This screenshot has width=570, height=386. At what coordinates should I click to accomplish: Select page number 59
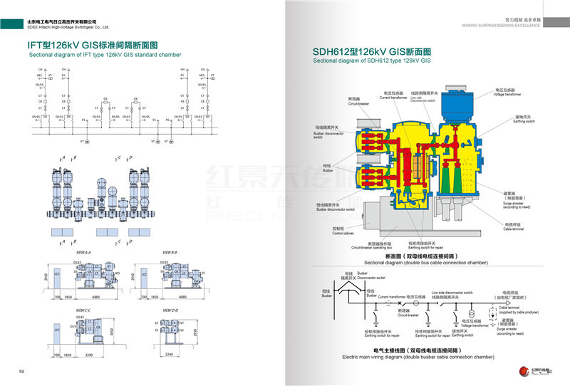point(21,372)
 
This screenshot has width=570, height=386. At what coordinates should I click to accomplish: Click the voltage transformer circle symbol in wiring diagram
point(471,313)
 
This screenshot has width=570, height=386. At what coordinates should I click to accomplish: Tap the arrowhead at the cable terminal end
point(494,313)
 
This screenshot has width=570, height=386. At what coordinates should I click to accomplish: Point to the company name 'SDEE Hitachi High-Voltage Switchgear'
point(67,27)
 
